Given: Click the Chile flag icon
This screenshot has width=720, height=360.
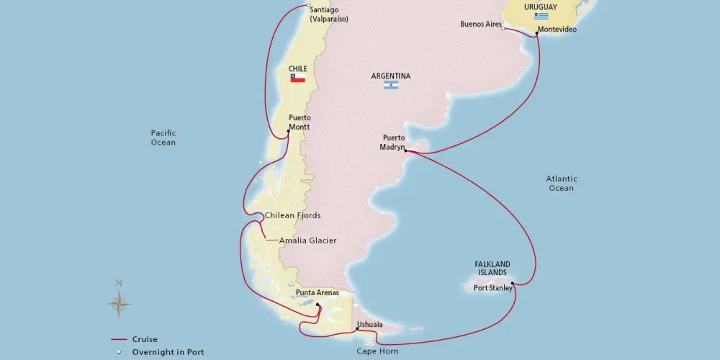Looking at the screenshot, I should click(x=297, y=78).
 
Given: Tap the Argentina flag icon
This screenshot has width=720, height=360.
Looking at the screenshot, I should click(x=391, y=85).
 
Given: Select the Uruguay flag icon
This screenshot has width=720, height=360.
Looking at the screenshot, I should click(x=541, y=16).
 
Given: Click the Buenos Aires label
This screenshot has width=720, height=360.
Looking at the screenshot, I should click(x=480, y=24).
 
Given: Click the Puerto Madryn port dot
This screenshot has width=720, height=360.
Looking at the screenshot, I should click(x=405, y=151).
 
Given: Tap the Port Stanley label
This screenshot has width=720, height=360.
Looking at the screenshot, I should click(x=492, y=288).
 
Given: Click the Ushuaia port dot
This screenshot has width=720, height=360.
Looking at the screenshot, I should click(x=356, y=330).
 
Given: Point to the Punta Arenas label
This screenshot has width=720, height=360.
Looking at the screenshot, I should click(x=317, y=293).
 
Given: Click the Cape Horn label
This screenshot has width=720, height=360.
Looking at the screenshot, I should click(x=378, y=352).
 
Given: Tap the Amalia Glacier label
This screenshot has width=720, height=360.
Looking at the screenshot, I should click(x=307, y=240).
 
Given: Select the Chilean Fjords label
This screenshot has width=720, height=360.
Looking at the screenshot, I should click(x=292, y=215).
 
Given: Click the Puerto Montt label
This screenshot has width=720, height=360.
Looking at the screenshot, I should click(x=299, y=122).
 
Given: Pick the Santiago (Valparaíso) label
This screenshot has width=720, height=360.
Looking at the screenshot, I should click(x=328, y=14).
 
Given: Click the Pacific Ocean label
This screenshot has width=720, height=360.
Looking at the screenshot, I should click(x=163, y=138).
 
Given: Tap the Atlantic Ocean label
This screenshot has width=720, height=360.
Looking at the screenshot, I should click(x=562, y=184).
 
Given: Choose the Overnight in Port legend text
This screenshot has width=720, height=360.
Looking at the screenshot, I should click(x=168, y=352).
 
